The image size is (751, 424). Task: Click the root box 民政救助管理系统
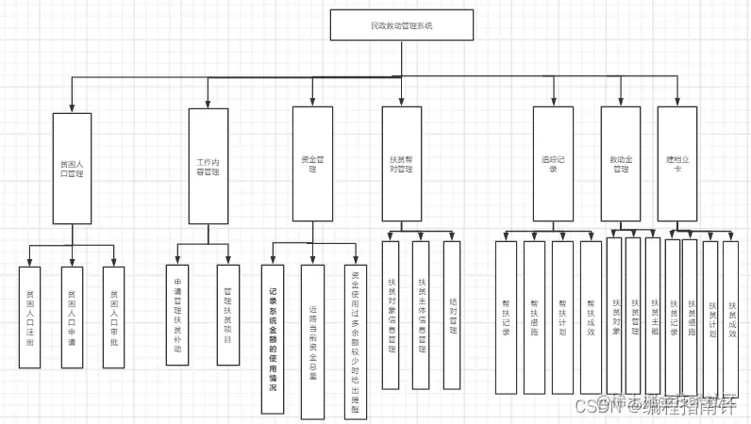pos(401,25)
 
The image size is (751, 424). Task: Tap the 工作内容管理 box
pos(208,166)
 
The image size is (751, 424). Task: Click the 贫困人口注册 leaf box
pos(30,318)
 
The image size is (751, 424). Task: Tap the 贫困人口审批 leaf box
pos(114,318)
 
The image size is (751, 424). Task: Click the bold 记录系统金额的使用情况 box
pos(273,339)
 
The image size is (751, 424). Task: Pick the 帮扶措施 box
pos(534,317)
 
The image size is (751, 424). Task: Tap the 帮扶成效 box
pos(591,317)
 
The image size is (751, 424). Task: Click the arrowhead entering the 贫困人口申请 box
pos(73,262)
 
